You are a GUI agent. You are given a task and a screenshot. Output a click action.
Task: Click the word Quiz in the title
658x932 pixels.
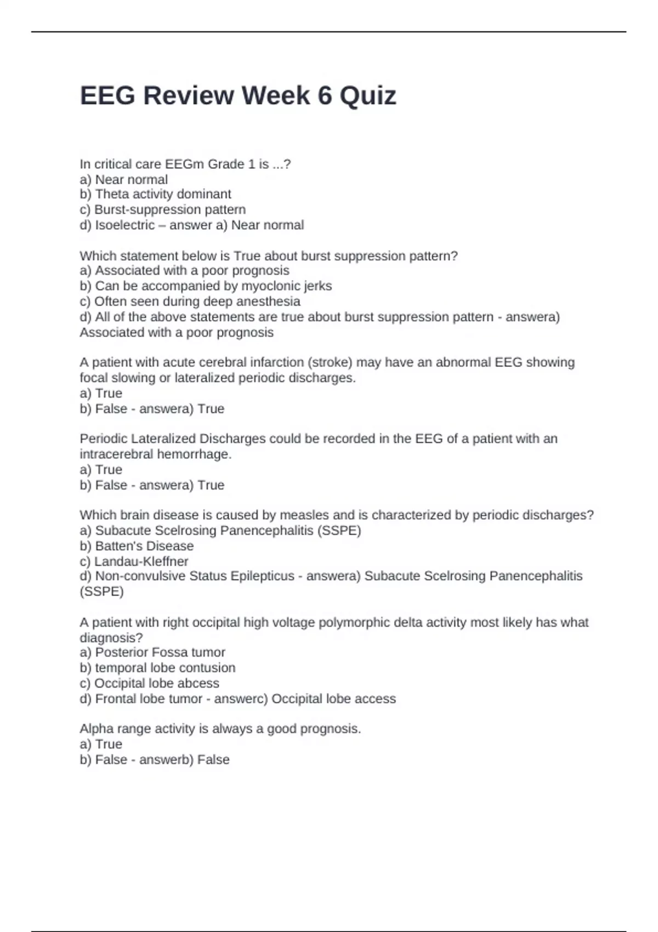(368, 96)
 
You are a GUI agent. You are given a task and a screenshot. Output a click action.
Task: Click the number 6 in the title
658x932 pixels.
(325, 96)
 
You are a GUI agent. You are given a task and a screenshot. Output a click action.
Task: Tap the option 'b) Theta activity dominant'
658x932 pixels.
(155, 194)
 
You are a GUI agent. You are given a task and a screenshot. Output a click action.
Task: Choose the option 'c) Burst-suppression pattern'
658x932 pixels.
(162, 209)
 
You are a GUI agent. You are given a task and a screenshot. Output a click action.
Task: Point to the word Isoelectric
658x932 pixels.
(125, 225)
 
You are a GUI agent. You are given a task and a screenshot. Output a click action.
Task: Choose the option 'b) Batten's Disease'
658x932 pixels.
(137, 545)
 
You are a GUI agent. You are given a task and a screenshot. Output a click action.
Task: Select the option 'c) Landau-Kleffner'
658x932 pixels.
(134, 561)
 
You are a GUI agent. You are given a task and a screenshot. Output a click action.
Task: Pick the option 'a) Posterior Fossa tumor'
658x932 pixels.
(152, 652)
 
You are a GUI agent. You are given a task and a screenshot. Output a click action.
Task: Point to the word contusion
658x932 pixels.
(211, 667)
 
